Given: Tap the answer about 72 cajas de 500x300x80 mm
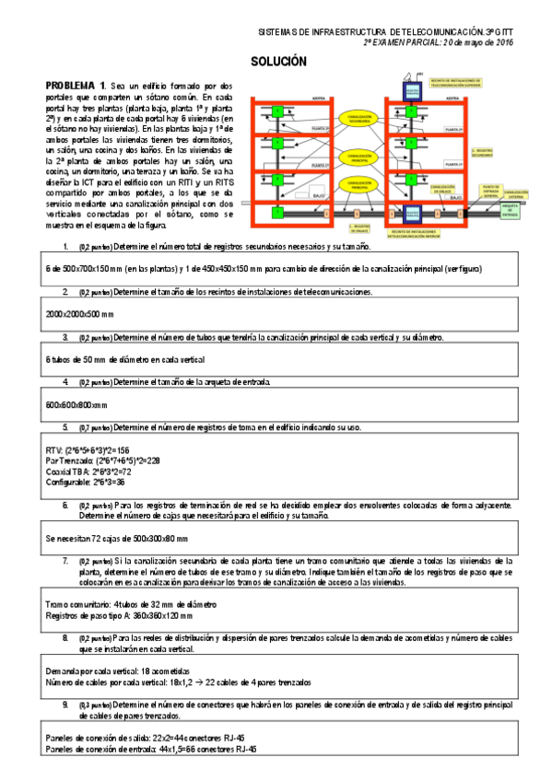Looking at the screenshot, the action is point(116,537).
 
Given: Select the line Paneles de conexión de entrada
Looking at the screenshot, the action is point(150,748).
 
